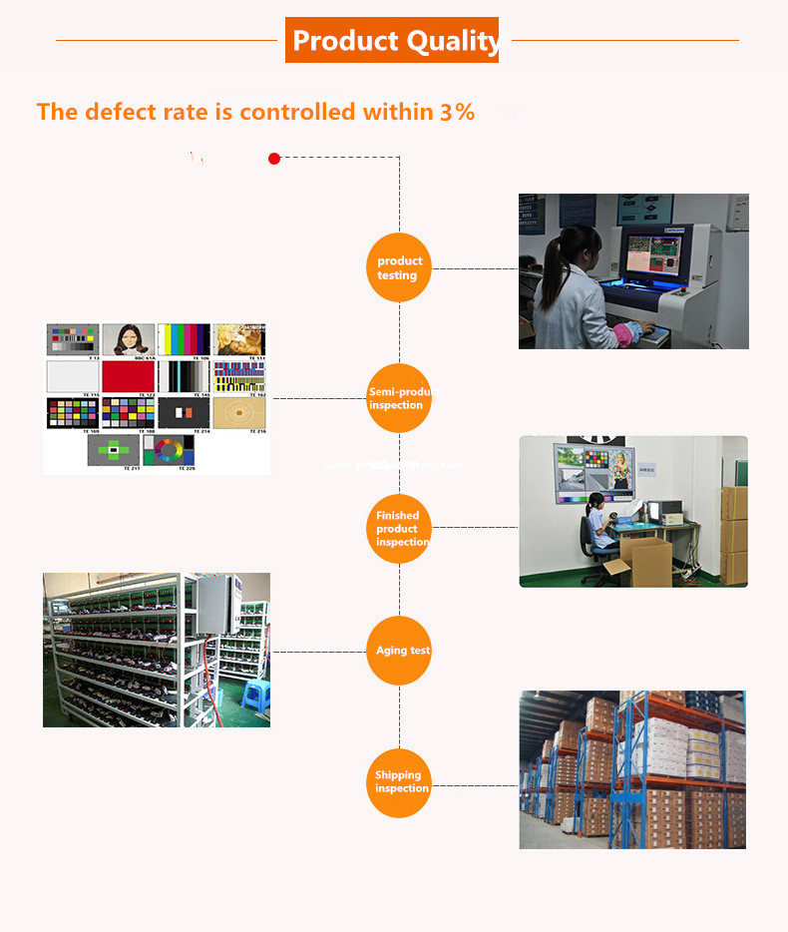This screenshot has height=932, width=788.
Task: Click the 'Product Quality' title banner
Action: tap(392, 40)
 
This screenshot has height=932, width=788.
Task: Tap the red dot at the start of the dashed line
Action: tap(274, 158)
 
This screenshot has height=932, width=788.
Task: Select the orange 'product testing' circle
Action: tap(399, 267)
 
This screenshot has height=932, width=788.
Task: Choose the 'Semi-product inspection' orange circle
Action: tap(399, 398)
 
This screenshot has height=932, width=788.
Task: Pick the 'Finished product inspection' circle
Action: tap(399, 528)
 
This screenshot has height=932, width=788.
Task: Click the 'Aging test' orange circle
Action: tap(399, 651)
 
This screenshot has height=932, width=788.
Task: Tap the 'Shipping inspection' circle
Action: tap(399, 781)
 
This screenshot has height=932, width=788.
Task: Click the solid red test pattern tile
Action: tap(128, 375)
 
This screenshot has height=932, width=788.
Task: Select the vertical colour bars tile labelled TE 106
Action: tap(184, 339)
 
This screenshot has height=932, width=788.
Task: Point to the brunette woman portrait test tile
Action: tap(128, 339)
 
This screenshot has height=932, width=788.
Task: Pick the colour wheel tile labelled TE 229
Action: tap(169, 449)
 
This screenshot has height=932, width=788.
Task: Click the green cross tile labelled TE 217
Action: tap(113, 449)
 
